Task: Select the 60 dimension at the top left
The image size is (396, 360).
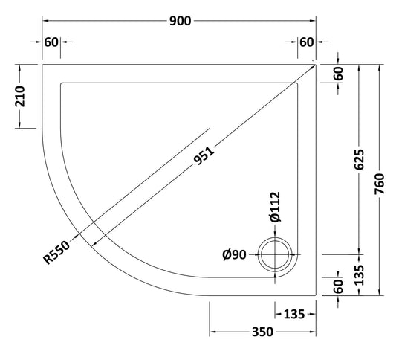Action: point(51,42)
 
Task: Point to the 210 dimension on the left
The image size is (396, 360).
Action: point(21,96)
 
